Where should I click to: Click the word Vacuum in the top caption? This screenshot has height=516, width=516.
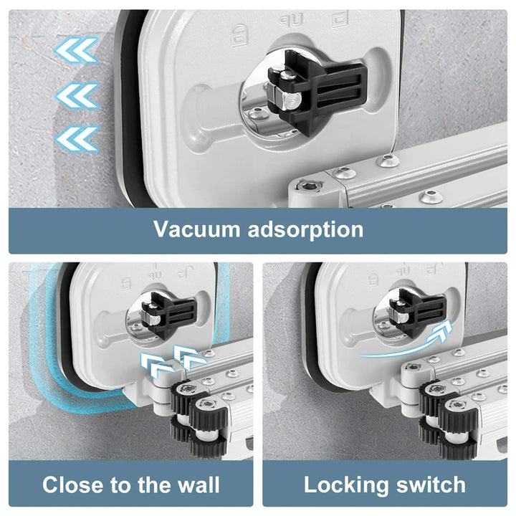[197, 229]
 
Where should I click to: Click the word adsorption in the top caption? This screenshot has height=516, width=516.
[306, 230]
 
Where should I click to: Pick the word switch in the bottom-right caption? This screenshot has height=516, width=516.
[431, 484]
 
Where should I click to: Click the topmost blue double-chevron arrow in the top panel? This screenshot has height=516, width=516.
[77, 49]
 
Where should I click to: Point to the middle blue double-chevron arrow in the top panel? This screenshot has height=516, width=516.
[77, 95]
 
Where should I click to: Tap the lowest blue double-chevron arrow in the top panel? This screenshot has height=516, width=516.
[77, 138]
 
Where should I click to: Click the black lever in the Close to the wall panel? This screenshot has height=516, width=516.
[169, 315]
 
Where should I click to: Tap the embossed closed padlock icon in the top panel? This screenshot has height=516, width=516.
[239, 36]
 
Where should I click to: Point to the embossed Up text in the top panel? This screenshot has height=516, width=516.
[291, 20]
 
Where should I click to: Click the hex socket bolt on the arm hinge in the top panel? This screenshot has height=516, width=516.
[310, 187]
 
